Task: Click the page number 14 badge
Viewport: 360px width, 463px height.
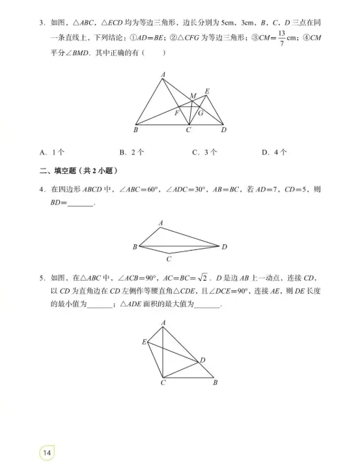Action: (48, 451)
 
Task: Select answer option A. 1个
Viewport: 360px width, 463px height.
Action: (51, 152)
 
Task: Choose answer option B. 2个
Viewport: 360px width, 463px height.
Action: (131, 152)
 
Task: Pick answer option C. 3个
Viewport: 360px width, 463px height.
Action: (203, 152)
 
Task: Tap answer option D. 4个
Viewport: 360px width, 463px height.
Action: (275, 152)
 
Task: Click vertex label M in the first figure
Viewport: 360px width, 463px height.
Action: (193, 96)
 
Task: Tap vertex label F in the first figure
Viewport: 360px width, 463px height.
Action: (177, 113)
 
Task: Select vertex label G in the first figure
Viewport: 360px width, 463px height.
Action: (202, 113)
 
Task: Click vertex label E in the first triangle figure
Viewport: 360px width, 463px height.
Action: (207, 91)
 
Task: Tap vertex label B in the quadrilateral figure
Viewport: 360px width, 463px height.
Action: (134, 247)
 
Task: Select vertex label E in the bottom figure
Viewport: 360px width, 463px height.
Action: (144, 341)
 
